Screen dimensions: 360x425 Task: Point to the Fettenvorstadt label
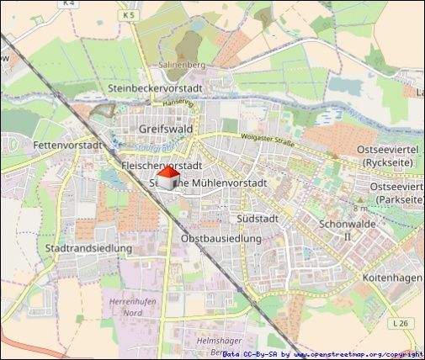[67, 145]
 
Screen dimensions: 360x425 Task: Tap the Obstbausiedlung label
[221, 239]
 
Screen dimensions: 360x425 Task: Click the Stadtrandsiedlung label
[88, 248]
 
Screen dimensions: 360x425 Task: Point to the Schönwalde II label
[347, 230]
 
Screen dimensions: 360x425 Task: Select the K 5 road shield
[128, 15]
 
